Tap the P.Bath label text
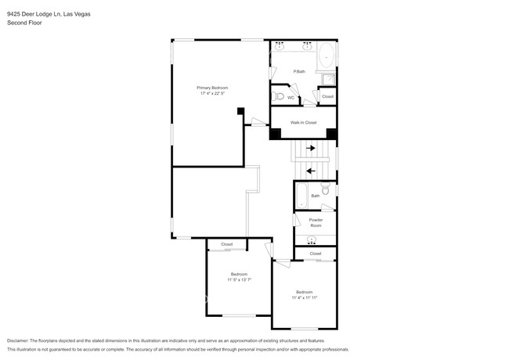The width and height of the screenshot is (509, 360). point(299,71)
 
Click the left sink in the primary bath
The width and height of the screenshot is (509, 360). point(280,46)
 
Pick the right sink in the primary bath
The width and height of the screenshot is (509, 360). point(308,46)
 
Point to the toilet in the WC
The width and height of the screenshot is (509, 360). point(279,97)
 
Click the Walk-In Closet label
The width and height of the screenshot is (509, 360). point(303,122)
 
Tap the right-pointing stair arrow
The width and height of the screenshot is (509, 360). point(310,147)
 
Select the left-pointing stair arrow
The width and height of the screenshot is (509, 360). point(310,171)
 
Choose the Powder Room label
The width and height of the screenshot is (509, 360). point(316,222)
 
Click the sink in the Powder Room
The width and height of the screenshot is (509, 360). point(313,239)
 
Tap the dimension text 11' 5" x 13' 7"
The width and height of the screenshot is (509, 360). point(239,279)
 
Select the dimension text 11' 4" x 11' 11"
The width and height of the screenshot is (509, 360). point(304,297)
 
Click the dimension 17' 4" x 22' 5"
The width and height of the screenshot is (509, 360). point(211,93)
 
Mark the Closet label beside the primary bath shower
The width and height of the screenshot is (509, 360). point(327,96)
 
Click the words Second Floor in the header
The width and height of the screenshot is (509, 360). point(24,23)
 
